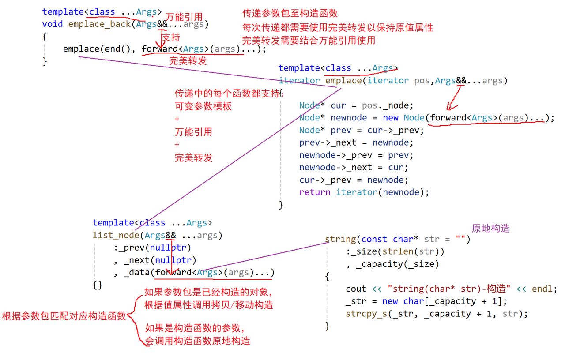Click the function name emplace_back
pyautogui.click(x=99, y=24)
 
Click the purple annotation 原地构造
pyautogui.click(x=490, y=228)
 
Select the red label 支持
pyautogui.click(x=172, y=37)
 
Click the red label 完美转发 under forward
pyautogui.click(x=188, y=61)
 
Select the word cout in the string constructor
pyautogui.click(x=356, y=289)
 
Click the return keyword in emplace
pyautogui.click(x=315, y=192)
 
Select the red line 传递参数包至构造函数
pyautogui.click(x=290, y=14)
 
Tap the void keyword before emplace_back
pyautogui.click(x=53, y=24)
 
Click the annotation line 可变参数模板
pyautogui.click(x=203, y=106)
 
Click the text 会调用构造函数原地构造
pyautogui.click(x=197, y=341)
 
